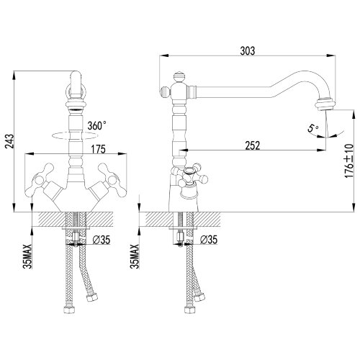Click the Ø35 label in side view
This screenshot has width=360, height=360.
[x=208, y=240]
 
